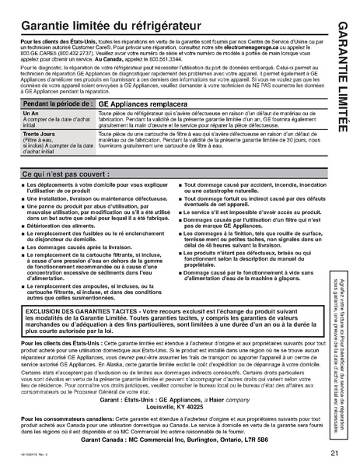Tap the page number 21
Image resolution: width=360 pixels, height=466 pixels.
coord(333,453)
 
